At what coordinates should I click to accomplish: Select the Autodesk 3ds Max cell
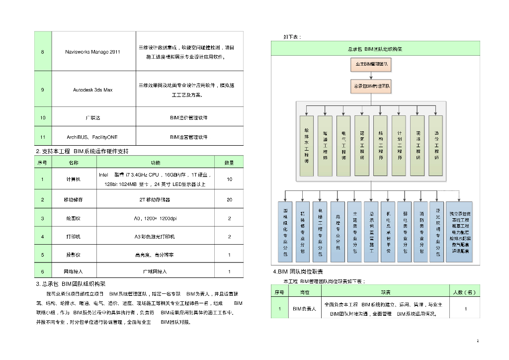92,90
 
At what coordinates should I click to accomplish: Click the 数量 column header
229,163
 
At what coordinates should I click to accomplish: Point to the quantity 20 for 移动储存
229,200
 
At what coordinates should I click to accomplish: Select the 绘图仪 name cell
73,218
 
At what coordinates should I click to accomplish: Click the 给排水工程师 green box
307,146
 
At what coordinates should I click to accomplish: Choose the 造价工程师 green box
436,146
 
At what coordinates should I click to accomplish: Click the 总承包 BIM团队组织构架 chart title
375,49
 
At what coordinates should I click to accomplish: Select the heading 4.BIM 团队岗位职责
298,271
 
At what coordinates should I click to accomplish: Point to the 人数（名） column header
465,292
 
